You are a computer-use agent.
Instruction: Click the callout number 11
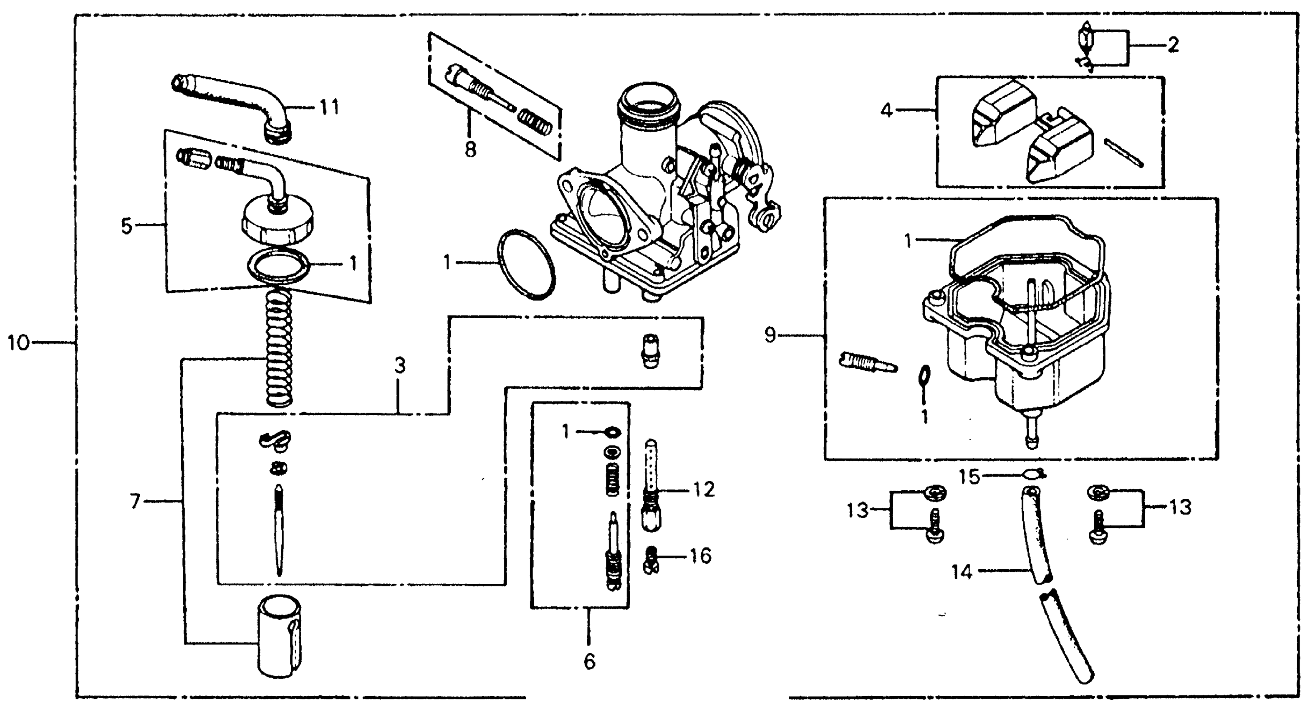[329, 107]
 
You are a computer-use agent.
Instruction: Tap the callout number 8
[470, 150]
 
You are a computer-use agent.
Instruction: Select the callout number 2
[1173, 46]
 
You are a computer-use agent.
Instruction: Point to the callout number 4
[887, 110]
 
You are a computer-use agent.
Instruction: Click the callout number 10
[18, 343]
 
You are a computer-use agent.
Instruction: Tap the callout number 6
[589, 662]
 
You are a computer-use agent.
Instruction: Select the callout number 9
[770, 335]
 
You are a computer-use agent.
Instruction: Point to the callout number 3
[400, 366]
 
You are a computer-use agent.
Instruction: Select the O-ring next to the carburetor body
[526, 264]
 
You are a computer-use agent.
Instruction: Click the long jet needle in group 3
[279, 531]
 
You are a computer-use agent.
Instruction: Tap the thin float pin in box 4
[1123, 153]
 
